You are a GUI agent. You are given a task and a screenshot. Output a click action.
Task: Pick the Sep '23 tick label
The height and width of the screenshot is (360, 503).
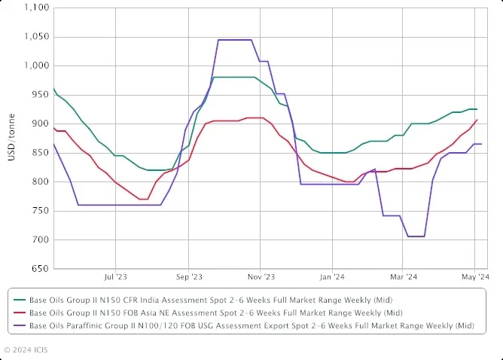188,277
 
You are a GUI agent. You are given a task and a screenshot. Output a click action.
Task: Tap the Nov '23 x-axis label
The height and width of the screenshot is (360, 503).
260,277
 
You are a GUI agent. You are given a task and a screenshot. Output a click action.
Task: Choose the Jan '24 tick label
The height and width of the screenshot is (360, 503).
332,277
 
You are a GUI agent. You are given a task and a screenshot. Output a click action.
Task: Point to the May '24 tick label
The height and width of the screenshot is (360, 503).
476,277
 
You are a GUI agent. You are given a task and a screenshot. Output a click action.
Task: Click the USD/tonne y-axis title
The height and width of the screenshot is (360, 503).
11,138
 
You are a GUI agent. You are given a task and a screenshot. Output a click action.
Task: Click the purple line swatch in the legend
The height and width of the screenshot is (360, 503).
19,325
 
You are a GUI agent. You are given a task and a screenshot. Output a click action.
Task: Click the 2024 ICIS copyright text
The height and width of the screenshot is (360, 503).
26,349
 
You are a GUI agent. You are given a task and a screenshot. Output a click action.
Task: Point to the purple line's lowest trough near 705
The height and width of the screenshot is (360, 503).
416,236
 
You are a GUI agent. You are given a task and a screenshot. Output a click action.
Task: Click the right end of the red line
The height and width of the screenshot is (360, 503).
476,121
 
